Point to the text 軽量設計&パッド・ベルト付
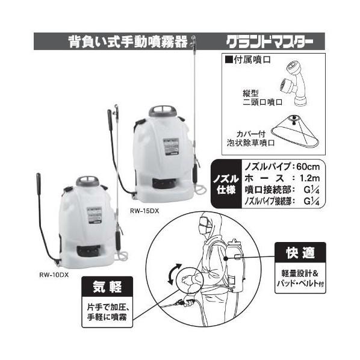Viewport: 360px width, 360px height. pyautogui.click(x=300, y=276)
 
